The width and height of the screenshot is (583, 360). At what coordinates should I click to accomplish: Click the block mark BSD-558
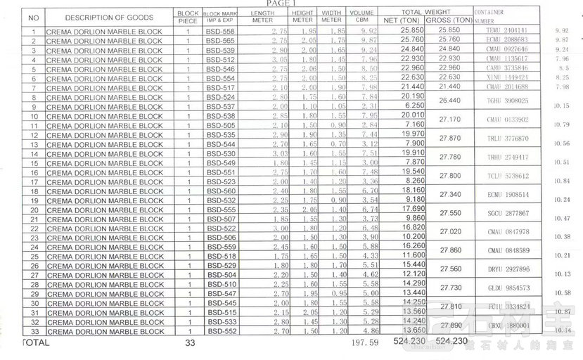220,32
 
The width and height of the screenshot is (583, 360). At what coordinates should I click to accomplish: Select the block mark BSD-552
220,331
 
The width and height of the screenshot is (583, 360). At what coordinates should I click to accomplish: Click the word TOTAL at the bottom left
36,343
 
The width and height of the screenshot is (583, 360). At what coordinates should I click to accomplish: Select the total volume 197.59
364,344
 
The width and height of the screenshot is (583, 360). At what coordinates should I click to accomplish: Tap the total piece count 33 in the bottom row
188,343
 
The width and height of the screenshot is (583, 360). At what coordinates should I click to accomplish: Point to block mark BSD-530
220,153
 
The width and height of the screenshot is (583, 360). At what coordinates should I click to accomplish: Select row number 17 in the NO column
33,181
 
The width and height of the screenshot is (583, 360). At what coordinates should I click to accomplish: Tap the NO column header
33,17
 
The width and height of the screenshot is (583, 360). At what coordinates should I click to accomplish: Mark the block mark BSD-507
220,219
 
